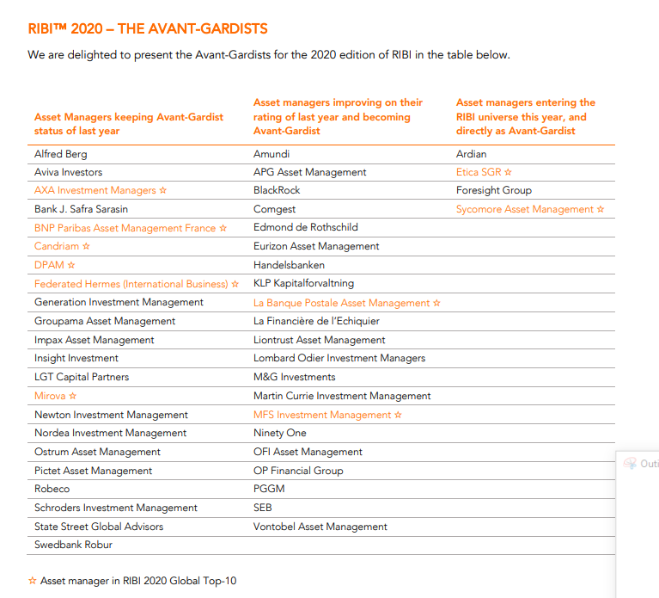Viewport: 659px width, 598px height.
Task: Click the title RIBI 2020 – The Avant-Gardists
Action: tap(148, 28)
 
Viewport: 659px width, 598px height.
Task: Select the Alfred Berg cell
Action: tap(60, 154)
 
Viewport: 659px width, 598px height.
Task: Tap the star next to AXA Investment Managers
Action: tap(163, 190)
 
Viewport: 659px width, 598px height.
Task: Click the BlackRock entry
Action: tap(277, 190)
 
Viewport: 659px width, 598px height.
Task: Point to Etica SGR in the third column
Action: tap(479, 172)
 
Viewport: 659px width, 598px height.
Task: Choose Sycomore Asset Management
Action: tap(525, 209)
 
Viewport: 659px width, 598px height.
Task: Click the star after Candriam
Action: tap(86, 246)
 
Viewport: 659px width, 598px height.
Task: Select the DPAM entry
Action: tap(49, 265)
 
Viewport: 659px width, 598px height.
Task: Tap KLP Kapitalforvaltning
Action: tap(303, 284)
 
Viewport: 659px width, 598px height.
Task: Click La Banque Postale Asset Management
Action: tap(342, 303)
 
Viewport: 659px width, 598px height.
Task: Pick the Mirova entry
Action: tap(50, 396)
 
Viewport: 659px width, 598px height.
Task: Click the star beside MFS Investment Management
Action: tap(398, 415)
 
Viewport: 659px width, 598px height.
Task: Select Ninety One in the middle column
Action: tap(280, 433)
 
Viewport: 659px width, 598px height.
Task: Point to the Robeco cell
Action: tap(52, 489)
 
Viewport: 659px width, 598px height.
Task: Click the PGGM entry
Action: tap(269, 489)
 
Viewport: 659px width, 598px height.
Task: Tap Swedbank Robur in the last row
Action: tap(74, 545)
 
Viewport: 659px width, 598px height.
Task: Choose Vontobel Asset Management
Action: tap(320, 527)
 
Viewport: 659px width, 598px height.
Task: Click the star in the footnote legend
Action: tap(33, 581)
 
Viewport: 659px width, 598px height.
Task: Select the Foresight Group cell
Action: tap(494, 191)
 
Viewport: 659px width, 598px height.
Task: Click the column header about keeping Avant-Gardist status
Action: tap(129, 124)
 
